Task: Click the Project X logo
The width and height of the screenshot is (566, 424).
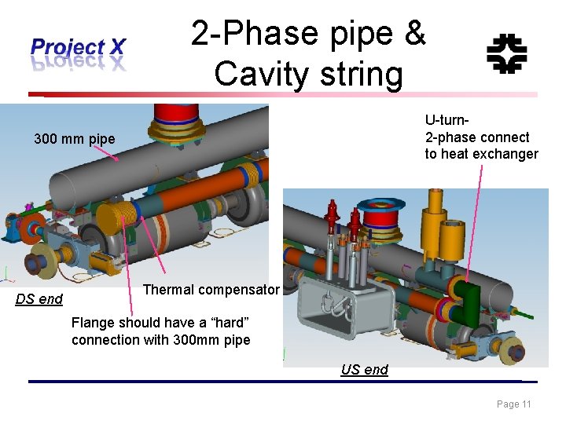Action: point(77,53)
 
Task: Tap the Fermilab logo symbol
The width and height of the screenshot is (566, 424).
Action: point(506,53)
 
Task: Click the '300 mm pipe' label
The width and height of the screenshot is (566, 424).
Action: point(74,139)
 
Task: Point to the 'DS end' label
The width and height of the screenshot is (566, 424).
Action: point(39,299)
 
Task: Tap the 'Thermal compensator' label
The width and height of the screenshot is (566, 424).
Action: point(211,290)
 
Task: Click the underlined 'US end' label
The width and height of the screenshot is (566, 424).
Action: point(364,370)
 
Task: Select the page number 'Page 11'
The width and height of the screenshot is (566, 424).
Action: point(514,404)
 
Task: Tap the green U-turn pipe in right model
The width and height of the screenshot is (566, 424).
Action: point(469,299)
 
